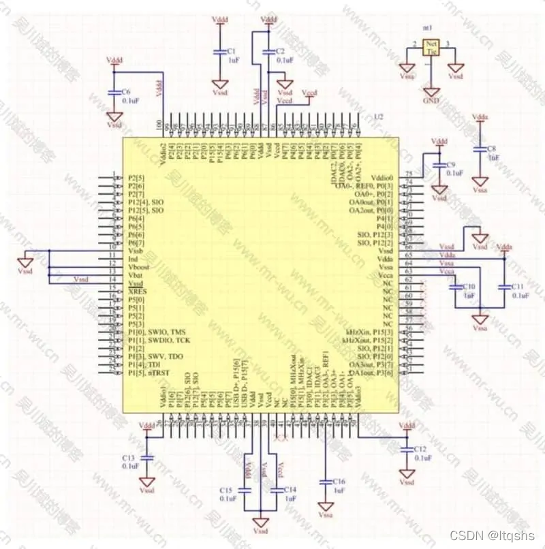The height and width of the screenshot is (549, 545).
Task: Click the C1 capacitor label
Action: pyautogui.click(x=232, y=51)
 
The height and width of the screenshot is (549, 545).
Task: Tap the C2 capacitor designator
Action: pyautogui.click(x=281, y=51)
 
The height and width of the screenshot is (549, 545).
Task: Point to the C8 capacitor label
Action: pyautogui.click(x=491, y=148)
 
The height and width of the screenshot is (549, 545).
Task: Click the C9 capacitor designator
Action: pyautogui.click(x=450, y=165)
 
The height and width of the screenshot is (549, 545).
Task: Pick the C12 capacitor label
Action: pyautogui.click(x=419, y=450)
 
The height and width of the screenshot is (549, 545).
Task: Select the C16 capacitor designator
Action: pyautogui.click(x=339, y=481)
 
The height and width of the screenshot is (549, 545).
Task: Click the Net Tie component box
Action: pyautogui.click(x=431, y=46)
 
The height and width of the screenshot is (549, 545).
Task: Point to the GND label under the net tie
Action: pyautogui.click(x=431, y=100)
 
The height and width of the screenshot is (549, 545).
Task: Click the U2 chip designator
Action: pyautogui.click(x=378, y=117)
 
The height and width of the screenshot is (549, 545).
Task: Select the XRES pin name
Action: pyautogui.click(x=138, y=292)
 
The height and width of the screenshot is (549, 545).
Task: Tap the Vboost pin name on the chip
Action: pyautogui.click(x=140, y=268)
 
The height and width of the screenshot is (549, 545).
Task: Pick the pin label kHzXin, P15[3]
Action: pyautogui.click(x=369, y=332)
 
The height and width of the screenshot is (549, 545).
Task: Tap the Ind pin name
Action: pyautogui.click(x=134, y=260)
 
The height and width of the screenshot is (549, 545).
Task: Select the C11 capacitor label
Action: pyautogui.click(x=519, y=287)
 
